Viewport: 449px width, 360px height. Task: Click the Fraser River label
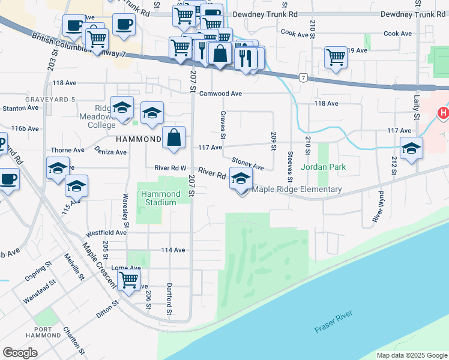pos(334,322)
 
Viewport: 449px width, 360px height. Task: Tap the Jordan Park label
pos(324,167)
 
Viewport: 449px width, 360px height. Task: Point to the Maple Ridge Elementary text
pos(297,190)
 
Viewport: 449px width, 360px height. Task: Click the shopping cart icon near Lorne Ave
pos(128,279)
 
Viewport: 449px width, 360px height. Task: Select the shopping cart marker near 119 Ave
pos(336,58)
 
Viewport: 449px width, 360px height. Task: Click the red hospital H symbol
pos(443,112)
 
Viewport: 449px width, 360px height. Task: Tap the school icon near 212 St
pos(412,148)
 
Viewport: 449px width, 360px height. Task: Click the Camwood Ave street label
pos(220,94)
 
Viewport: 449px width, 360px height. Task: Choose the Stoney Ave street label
pos(248,164)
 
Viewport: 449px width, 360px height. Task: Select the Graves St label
pos(223,122)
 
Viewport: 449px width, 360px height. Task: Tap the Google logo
pos(20,353)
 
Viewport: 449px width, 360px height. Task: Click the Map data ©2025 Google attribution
pos(411,355)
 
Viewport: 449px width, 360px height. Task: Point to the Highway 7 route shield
pos(304,77)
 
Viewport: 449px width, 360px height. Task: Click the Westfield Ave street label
pos(106,232)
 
